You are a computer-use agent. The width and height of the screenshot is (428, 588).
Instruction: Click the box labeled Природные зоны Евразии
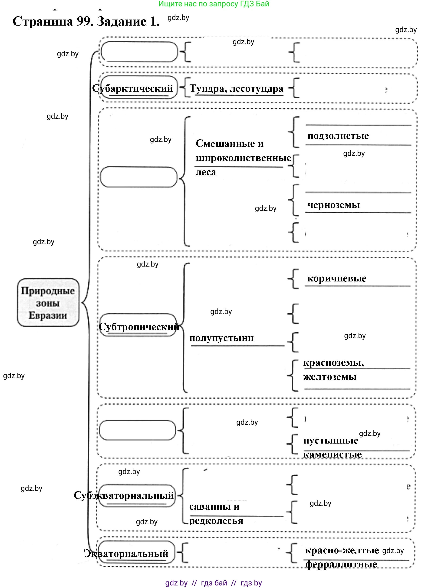tap(48, 303)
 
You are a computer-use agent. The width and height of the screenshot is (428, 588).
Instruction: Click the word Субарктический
tap(132, 88)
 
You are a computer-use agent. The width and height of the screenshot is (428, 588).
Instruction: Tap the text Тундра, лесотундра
tap(236, 89)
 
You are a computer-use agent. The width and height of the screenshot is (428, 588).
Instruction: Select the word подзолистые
tap(338, 136)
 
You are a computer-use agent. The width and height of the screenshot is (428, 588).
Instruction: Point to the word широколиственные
tap(243, 158)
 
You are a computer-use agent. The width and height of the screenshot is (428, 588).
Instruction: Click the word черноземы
tap(334, 205)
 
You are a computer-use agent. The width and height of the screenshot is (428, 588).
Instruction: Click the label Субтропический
tap(139, 327)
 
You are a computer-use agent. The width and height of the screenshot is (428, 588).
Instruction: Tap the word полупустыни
tap(221, 338)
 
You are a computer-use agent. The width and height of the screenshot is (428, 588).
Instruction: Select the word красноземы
tap(333, 363)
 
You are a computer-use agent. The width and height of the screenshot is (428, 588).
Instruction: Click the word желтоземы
tap(330, 377)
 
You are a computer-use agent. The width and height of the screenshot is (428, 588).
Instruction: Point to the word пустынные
tap(331, 440)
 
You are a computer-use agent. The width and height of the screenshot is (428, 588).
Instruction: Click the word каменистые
tap(333, 454)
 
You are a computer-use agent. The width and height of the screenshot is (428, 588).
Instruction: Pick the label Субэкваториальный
tap(124, 495)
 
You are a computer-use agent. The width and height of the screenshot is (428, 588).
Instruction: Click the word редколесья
tap(216, 521)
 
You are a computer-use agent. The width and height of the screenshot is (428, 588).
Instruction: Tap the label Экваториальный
tap(126, 554)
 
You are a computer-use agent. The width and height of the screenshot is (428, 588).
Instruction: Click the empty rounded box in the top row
tap(139, 52)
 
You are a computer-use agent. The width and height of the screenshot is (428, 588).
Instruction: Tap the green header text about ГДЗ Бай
tap(214, 4)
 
